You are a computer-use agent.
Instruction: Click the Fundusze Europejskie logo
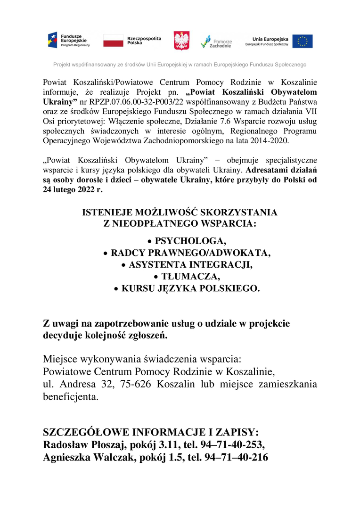point(69,41)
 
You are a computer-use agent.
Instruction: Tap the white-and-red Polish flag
point(113,41)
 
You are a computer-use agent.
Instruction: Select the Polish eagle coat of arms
point(181,41)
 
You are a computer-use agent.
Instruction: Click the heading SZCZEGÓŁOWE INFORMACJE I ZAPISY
point(151,432)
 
